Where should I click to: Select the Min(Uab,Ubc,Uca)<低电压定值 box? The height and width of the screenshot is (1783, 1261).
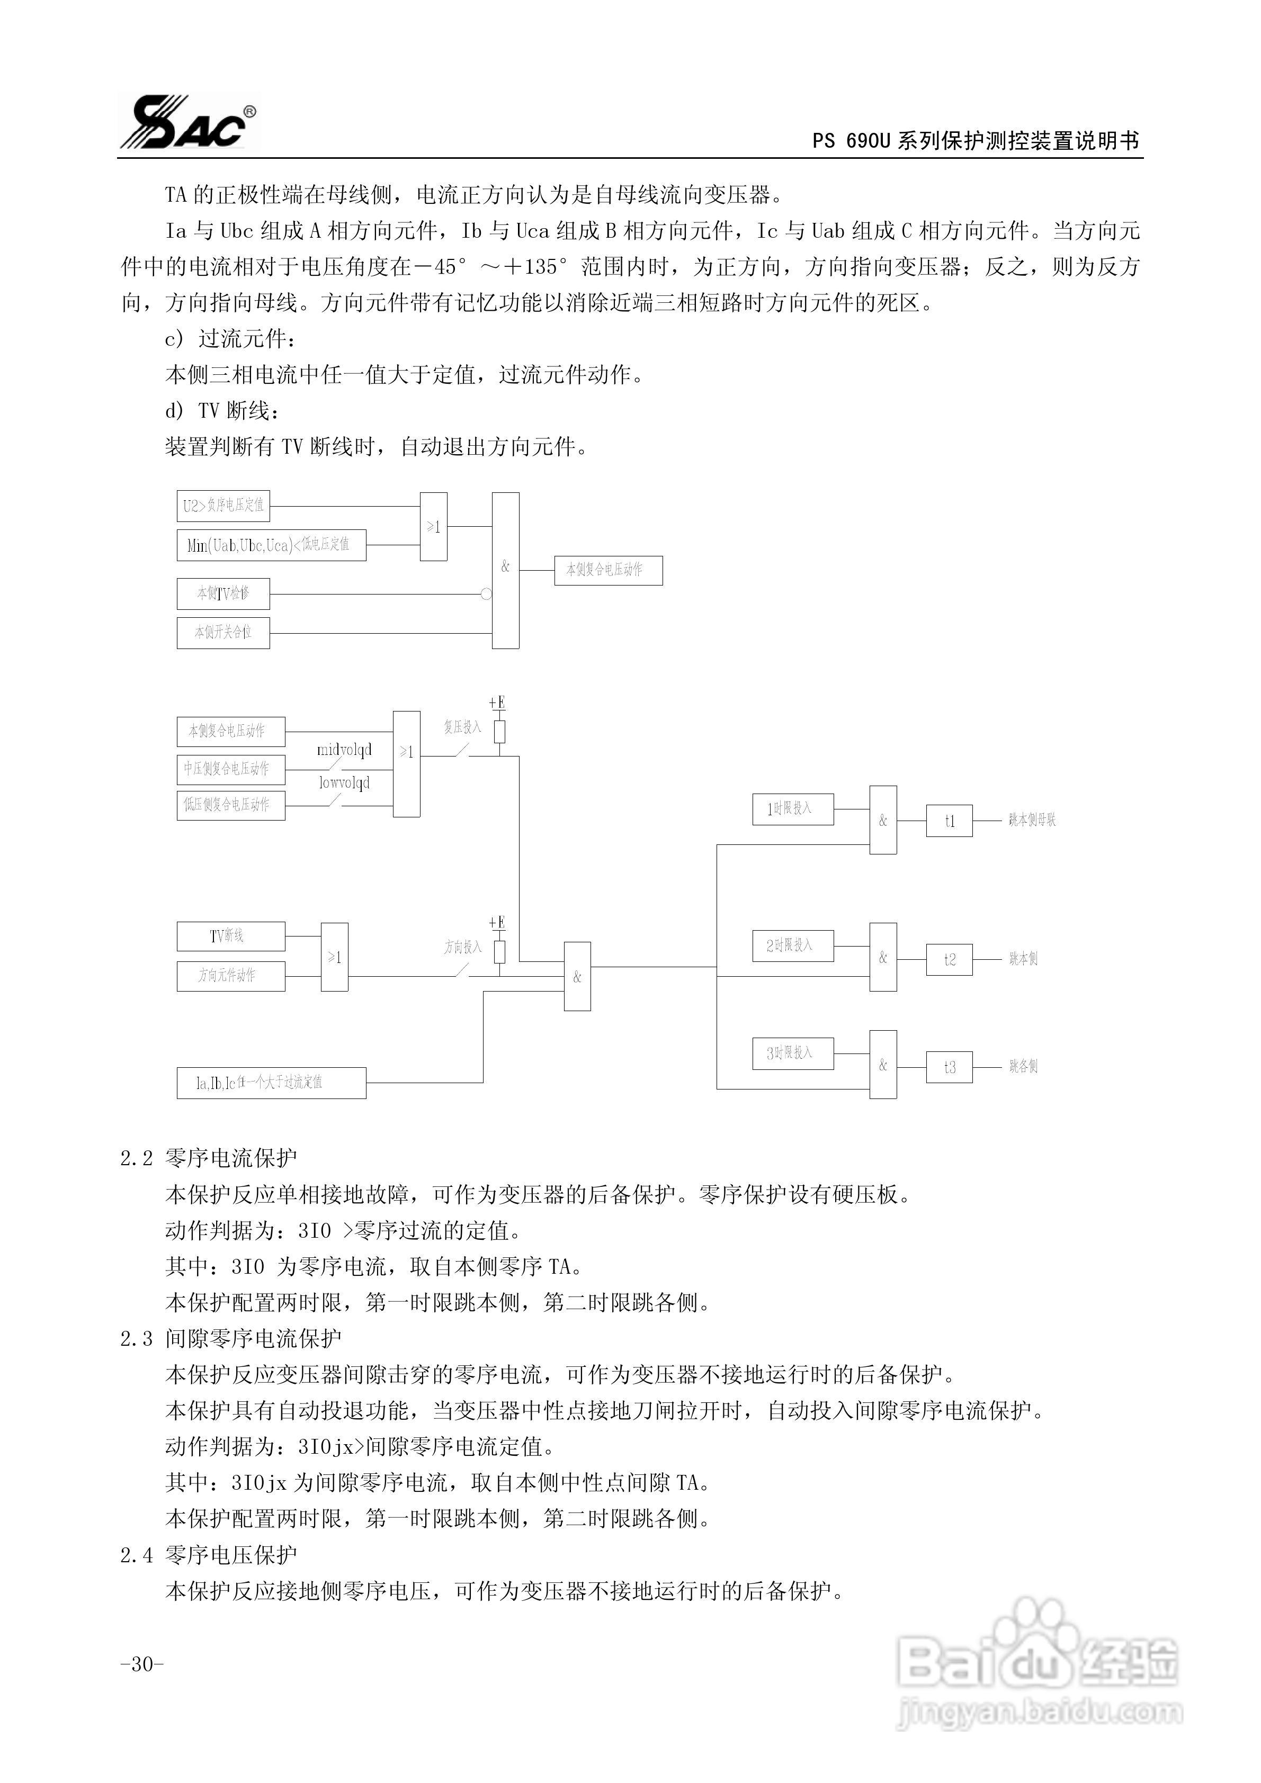[x=271, y=544]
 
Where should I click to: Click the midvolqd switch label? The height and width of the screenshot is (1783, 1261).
[x=344, y=750]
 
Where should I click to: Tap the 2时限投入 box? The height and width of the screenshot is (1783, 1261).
[x=792, y=945]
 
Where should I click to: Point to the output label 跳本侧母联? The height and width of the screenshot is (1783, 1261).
[x=1031, y=820]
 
